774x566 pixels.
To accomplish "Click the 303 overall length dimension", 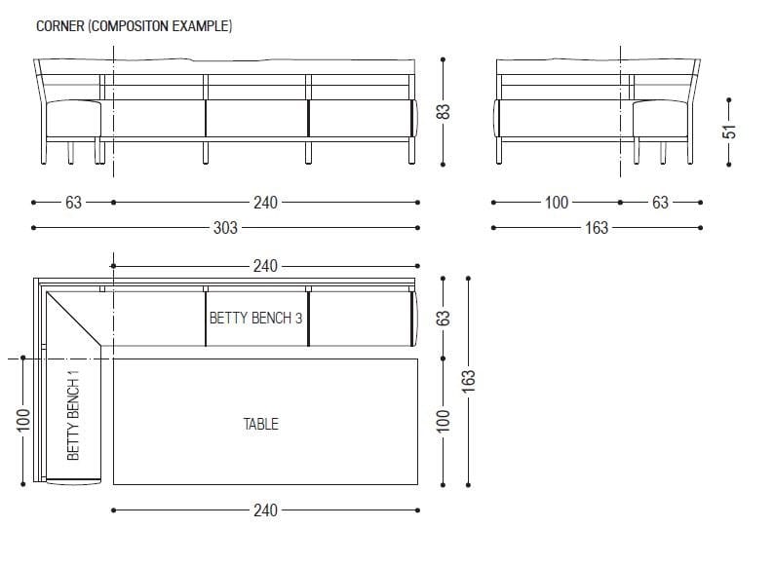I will tap(226, 228).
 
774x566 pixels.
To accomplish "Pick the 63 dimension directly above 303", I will tap(73, 203).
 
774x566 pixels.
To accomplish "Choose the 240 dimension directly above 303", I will tap(265, 203).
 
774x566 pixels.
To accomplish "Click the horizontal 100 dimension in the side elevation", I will tap(556, 203).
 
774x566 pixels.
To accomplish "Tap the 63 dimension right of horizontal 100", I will tap(660, 203).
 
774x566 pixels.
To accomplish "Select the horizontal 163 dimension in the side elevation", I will tap(596, 228).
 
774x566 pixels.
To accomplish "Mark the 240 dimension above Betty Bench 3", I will tap(265, 265).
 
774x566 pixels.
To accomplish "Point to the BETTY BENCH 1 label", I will tap(73, 414).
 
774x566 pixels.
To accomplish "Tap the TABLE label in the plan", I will tap(260, 424).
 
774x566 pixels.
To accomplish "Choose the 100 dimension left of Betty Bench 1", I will tap(22, 421).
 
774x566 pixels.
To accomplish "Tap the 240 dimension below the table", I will tap(265, 509).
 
